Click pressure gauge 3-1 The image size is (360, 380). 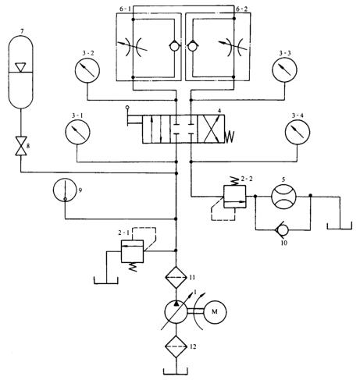[x=77, y=132]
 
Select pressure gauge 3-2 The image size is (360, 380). [x=87, y=70]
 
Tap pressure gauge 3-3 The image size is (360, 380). [x=284, y=70]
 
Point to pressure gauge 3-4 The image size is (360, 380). [x=298, y=132]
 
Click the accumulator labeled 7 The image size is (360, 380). [x=21, y=72]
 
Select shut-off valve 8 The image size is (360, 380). [x=21, y=146]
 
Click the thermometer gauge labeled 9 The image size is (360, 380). [x=65, y=190]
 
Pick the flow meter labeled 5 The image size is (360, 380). [x=283, y=197]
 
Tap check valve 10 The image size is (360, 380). [x=283, y=230]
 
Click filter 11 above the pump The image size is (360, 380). [x=176, y=278]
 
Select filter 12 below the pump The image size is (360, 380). [x=176, y=346]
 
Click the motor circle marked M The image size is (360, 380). [x=215, y=311]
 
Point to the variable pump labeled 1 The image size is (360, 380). [x=176, y=311]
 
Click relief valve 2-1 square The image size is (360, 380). [x=132, y=251]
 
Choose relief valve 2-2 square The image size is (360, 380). [x=235, y=197]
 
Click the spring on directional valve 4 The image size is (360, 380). [x=230, y=137]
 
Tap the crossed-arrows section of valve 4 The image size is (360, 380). [x=211, y=130]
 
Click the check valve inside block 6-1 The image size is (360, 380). [x=174, y=47]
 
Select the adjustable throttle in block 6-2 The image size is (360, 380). [x=233, y=47]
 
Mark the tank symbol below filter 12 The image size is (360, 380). [x=176, y=371]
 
